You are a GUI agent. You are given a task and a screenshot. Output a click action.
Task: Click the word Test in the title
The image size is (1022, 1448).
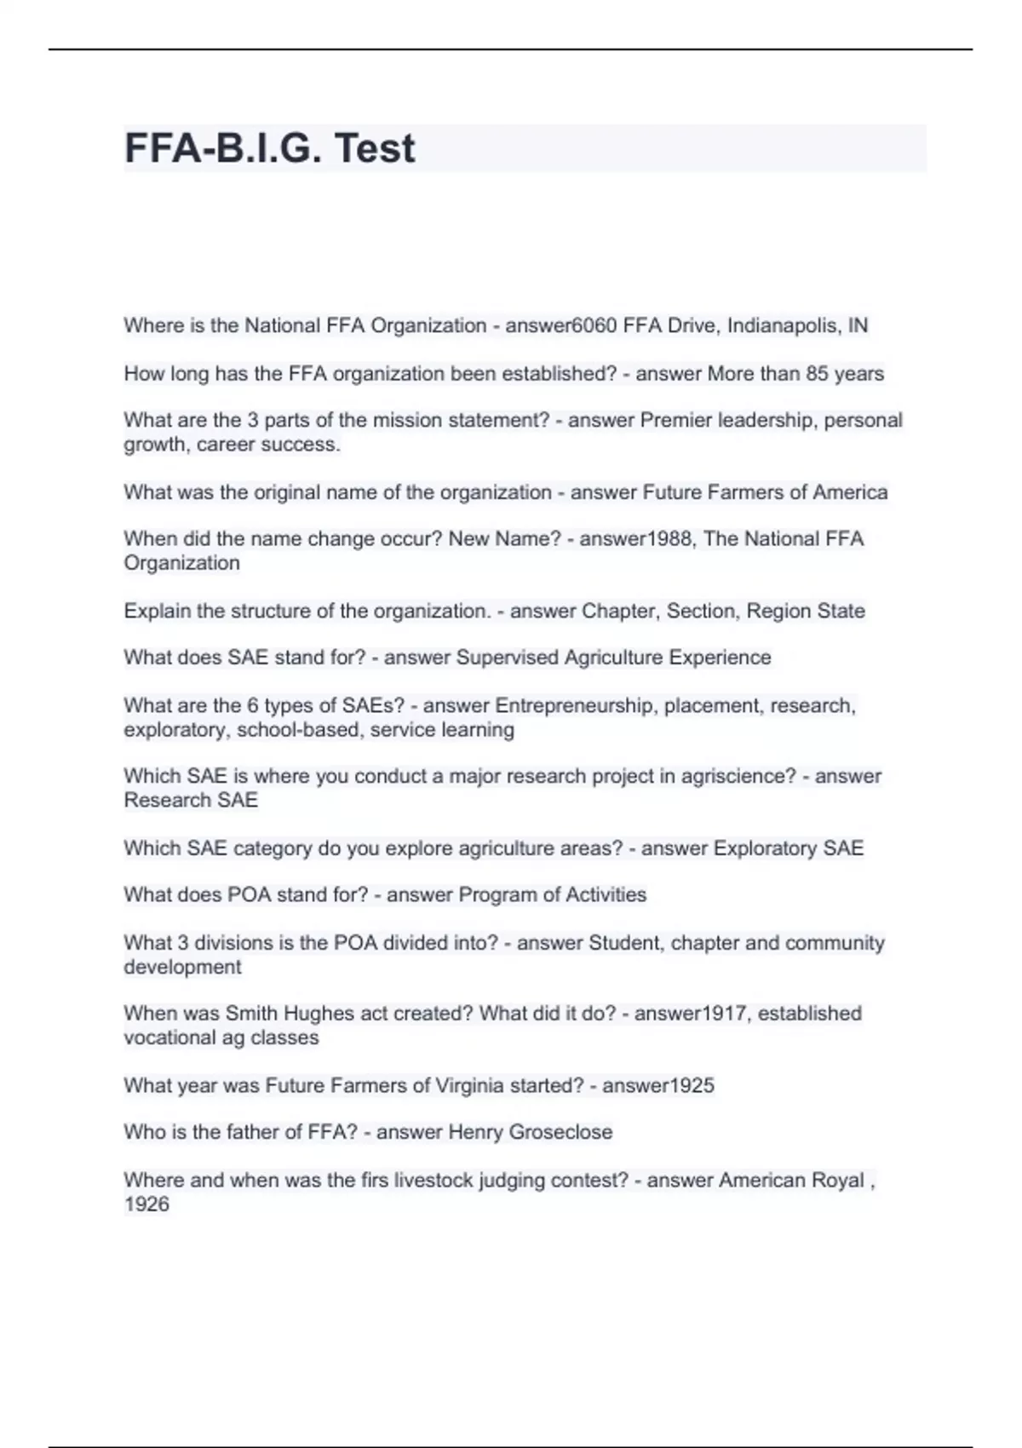point(375,148)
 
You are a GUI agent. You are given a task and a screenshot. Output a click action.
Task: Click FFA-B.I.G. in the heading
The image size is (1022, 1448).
point(224,148)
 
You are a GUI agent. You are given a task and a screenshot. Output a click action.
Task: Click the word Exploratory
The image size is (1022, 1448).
point(765,848)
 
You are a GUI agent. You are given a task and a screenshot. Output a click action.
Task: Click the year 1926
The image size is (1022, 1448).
point(146,1204)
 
